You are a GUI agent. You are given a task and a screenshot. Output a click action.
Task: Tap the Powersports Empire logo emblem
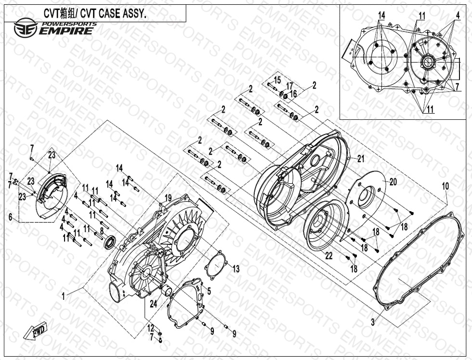tap(26, 27)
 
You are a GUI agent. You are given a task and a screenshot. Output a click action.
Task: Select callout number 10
tap(446, 186)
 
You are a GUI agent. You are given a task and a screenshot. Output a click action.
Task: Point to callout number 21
tap(361, 158)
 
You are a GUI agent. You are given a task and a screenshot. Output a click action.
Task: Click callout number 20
tap(393, 181)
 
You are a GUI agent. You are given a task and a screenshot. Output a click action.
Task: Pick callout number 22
tap(328, 256)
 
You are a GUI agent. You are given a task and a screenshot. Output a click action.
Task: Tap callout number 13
tap(236, 269)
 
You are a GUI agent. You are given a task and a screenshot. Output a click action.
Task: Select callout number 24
tap(154, 304)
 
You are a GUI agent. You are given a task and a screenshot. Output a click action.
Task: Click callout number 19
tap(168, 198)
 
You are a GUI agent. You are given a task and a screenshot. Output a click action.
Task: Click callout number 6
tap(11, 217)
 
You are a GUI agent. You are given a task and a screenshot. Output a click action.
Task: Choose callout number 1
tap(63, 296)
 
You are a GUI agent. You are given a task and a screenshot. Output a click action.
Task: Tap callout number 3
tap(373, 323)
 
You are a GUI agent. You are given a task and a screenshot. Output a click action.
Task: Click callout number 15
tap(277, 80)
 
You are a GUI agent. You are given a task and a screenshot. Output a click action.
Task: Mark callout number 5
tap(209, 291)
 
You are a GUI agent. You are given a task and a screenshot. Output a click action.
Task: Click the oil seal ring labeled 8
tap(110, 243)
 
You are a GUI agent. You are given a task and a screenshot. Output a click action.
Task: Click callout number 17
tap(289, 86)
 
